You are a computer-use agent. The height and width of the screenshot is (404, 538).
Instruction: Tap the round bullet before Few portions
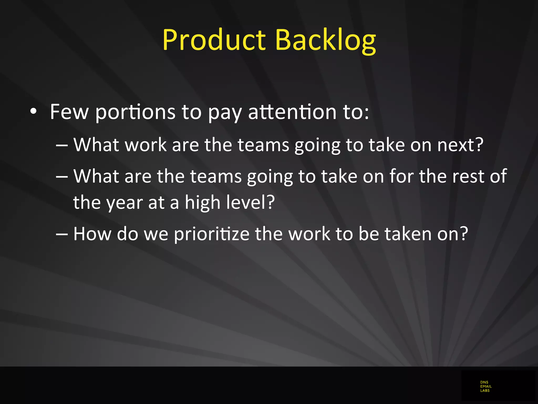pyautogui.click(x=33, y=112)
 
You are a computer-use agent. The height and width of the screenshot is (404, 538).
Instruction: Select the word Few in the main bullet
pyautogui.click(x=69, y=112)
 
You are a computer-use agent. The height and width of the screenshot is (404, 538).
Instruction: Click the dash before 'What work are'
pyautogui.click(x=62, y=145)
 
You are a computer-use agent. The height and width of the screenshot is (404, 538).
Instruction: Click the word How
pyautogui.click(x=92, y=234)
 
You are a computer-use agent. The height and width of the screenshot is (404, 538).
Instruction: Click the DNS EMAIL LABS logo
pyautogui.click(x=486, y=386)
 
